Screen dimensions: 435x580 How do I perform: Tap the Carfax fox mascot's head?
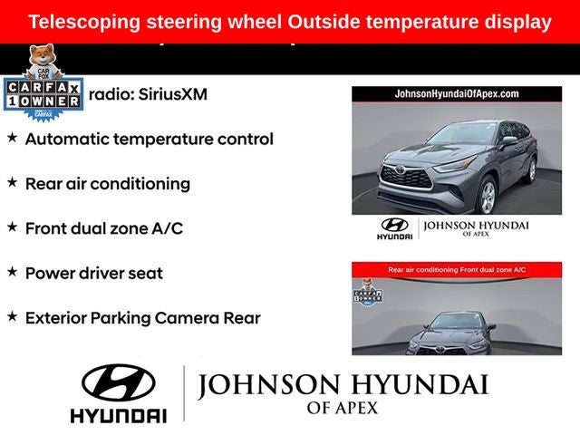41,56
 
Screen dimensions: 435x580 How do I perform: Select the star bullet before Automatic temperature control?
12,138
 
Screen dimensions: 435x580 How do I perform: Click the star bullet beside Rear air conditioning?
12,182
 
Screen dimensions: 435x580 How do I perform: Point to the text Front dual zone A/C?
103,228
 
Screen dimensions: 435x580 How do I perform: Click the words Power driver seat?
93,273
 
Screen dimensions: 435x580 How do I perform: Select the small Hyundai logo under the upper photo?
394,227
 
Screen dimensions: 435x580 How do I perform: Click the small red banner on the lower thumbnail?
456,269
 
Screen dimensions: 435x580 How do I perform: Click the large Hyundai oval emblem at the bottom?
118,383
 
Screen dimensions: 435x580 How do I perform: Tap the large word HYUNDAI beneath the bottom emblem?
118,415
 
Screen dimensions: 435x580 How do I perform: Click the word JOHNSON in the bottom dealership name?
263,386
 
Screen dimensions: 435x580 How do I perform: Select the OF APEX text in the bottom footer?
343,409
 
